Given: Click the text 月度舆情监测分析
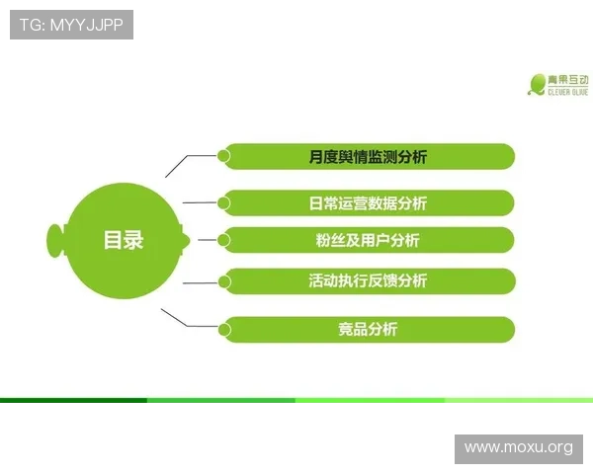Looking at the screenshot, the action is tap(368, 157).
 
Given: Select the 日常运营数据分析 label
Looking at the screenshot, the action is tap(368, 203).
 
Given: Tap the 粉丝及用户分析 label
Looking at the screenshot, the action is tap(368, 240).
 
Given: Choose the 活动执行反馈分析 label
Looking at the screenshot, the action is tap(368, 280).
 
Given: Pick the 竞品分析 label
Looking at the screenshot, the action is tap(368, 329).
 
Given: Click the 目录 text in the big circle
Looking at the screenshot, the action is tap(124, 240).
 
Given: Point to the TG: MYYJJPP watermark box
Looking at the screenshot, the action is tap(71, 25).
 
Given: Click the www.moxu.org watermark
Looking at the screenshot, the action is tap(519, 448).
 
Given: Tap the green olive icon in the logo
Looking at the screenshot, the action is tap(537, 85).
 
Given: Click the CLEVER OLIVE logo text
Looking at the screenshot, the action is tap(568, 92).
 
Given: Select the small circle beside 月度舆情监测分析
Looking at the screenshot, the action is tap(224, 156).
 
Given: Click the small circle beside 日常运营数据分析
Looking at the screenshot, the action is tap(224, 203).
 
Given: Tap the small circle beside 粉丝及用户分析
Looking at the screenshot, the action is tap(224, 240).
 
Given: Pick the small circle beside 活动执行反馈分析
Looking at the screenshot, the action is tap(224, 281).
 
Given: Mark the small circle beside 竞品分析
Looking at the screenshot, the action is tap(224, 330).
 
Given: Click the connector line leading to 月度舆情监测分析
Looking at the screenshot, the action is tap(188, 156).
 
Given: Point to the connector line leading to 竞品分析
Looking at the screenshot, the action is tap(187, 326).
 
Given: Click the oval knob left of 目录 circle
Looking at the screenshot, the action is tap(55, 241).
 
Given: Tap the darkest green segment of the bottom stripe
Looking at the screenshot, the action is tap(74, 400).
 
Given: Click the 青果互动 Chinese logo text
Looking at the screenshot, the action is tap(568, 80).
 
